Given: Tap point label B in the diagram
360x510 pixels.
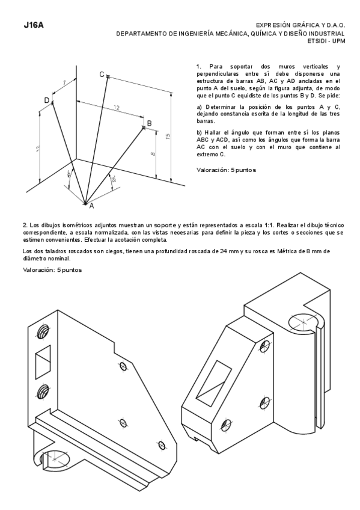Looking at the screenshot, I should (149, 123).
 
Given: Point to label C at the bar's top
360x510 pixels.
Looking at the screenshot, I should (102, 74).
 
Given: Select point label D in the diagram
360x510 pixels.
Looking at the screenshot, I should (46, 100).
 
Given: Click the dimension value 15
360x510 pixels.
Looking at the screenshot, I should (168, 135).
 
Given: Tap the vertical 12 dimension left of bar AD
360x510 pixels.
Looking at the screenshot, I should (37, 148).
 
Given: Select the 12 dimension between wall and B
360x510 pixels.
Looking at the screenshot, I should (115, 108).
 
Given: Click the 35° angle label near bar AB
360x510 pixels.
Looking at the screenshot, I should (113, 179).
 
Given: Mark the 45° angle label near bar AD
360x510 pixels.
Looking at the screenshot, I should (69, 174).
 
